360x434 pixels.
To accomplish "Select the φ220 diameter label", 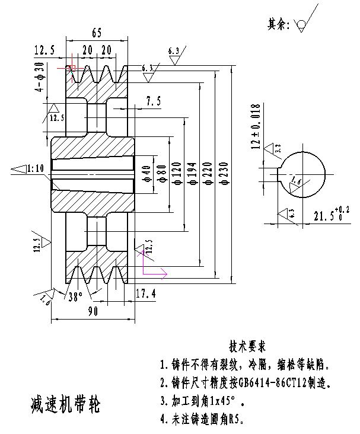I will [208, 176].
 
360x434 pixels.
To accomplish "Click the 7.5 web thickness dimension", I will [153, 101].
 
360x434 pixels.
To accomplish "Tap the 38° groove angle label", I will [75, 296].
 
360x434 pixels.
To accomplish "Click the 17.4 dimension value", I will [146, 293].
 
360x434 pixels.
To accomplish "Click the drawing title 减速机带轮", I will [65, 405].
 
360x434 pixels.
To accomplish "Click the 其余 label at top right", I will [278, 24].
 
